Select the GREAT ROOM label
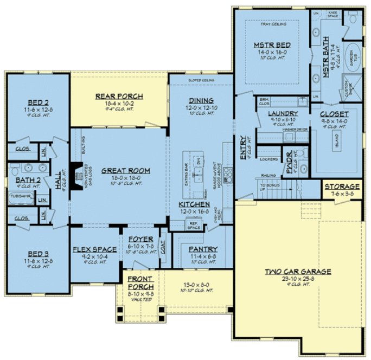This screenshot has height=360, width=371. pos(118,170)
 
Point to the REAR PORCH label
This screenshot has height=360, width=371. pos(119,96)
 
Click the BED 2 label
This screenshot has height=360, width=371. pos(37,102)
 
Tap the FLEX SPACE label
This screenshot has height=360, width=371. pos(94,249)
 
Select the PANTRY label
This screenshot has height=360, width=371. pos(203,249)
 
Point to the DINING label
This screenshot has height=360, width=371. pos(201,100)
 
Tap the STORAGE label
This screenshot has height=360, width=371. pos(342,187)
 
